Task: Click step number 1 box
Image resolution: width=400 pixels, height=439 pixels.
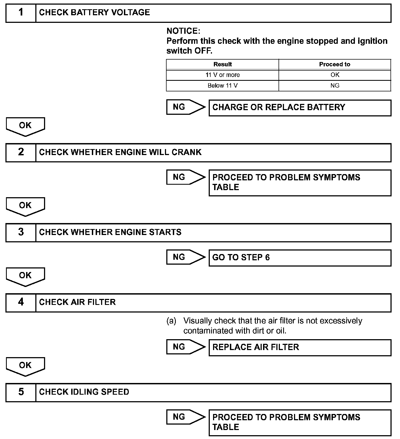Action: point(21,13)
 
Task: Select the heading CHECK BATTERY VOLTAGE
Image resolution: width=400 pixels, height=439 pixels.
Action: point(94,13)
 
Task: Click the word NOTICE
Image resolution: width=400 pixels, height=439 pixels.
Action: point(183,31)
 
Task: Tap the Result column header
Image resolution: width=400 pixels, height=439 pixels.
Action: point(222,64)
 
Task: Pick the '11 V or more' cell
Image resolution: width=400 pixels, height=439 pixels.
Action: point(222,75)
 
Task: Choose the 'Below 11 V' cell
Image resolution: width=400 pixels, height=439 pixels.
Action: point(222,86)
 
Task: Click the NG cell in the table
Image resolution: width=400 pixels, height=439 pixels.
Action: point(335,86)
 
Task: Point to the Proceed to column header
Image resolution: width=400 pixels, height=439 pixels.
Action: point(335,64)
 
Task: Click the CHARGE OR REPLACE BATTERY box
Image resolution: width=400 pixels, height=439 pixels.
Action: point(300,108)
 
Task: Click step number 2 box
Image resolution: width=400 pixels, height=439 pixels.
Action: point(21,153)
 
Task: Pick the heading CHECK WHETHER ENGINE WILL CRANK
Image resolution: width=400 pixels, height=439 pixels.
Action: point(120,152)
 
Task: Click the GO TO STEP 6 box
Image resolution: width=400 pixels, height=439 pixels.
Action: point(300,258)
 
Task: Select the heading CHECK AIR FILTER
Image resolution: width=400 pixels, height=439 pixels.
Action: point(77,302)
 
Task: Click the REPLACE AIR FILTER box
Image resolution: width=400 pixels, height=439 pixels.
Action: point(300,348)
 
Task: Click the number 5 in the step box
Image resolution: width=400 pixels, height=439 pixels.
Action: point(21,392)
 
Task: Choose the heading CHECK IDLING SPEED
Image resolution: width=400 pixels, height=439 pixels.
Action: point(84,392)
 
